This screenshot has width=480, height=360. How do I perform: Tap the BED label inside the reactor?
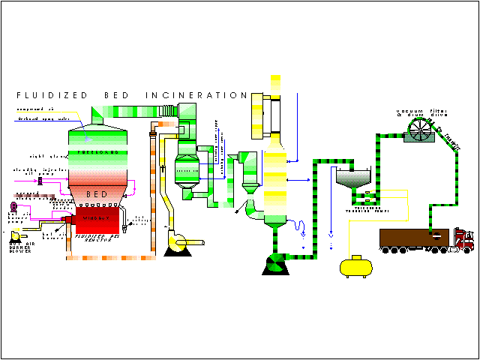coord(97,194)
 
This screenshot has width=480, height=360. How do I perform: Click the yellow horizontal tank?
coord(357,265)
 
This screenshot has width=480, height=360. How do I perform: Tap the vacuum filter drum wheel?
coord(422,133)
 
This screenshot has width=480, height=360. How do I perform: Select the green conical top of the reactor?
coord(97,121)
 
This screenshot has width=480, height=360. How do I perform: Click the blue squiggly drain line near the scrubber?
coord(300,226)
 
